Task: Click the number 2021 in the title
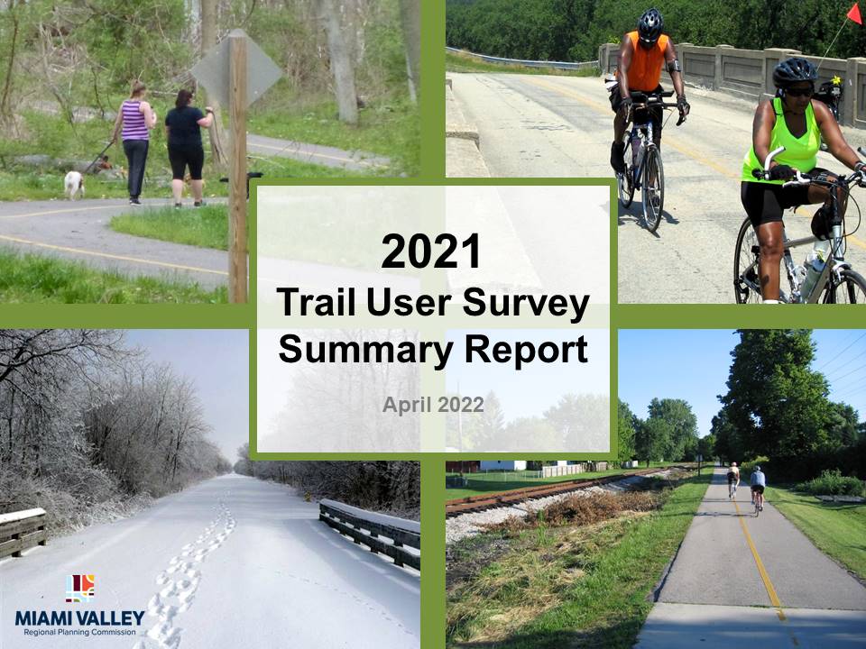point(431,251)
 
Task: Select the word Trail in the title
point(318,303)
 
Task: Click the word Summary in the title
point(365,351)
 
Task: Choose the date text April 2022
point(433,405)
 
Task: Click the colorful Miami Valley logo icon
point(80,589)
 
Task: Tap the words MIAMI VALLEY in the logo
point(80,617)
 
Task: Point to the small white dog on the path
point(73,184)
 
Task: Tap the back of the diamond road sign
point(236,70)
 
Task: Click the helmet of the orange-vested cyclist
point(649,23)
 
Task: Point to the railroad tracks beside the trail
point(547,489)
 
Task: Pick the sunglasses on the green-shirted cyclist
point(798,92)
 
